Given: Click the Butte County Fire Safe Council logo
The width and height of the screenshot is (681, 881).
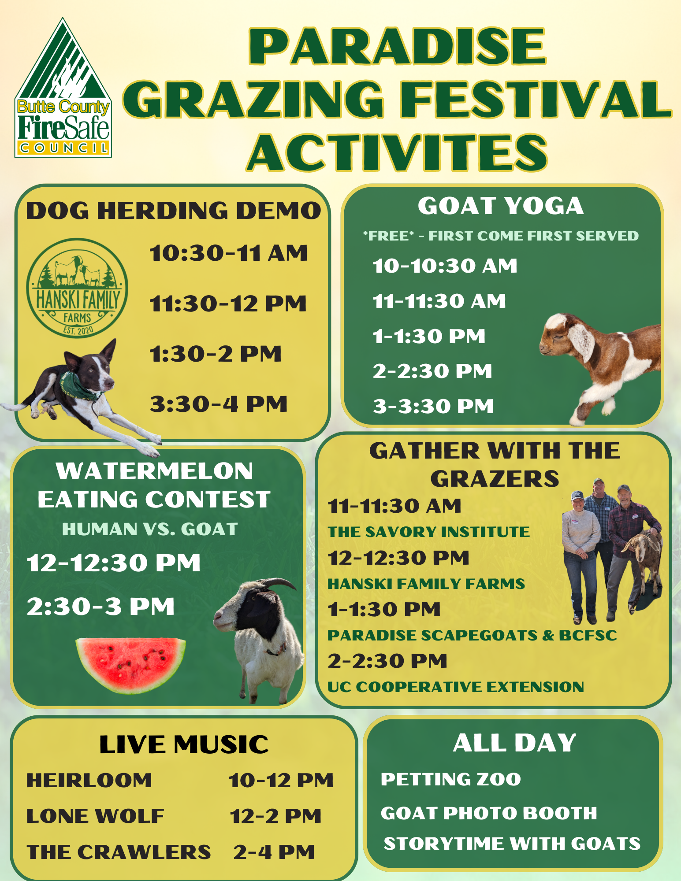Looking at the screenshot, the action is tap(63, 88).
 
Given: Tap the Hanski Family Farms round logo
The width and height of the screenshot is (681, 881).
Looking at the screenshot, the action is tap(77, 289).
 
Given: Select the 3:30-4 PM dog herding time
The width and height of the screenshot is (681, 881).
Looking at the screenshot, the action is tap(219, 404).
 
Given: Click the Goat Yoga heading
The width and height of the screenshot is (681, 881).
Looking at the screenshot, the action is tap(501, 206).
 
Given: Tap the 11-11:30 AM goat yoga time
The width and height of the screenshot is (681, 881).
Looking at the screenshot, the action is tap(439, 301).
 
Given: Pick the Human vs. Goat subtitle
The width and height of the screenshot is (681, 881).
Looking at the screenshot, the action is tap(150, 529).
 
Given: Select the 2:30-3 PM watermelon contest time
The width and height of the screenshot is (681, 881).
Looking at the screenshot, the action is tap(101, 607).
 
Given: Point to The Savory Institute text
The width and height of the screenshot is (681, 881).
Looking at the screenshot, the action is tap(428, 532).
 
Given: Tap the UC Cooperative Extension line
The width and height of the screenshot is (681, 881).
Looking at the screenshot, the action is tap(456, 687).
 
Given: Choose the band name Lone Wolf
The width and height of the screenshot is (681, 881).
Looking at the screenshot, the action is tap(95, 816).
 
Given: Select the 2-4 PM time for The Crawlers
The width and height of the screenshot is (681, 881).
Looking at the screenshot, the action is tap(274, 852).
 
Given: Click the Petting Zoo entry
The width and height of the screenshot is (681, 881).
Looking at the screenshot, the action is tap(451, 779).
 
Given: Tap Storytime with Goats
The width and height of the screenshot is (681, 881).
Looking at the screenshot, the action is tap(512, 844).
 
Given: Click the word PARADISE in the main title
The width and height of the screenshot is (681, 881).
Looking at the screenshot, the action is tap(398, 46).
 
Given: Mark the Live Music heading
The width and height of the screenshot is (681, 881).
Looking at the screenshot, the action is tap(184, 744).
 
